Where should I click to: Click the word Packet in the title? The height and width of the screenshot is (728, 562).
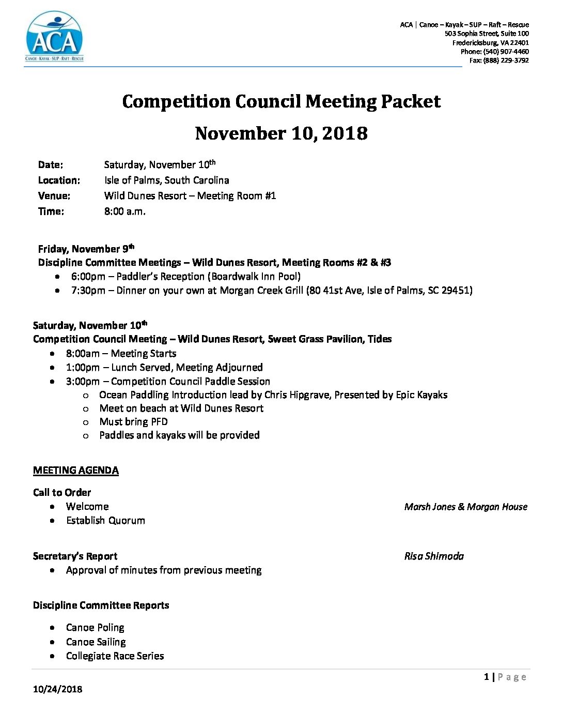tap(411, 101)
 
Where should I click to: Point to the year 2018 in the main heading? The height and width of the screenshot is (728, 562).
tap(345, 133)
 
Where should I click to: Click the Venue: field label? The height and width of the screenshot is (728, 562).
tap(54, 196)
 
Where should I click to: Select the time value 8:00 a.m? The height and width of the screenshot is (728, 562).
tap(124, 211)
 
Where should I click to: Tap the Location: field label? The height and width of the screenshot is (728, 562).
tap(59, 180)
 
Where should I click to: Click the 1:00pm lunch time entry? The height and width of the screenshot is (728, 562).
tap(83, 368)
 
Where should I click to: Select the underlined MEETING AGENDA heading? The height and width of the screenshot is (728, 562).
tap(76, 471)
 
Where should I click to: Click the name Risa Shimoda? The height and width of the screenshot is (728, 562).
tap(434, 556)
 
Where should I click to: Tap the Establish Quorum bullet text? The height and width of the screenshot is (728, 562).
tap(105, 521)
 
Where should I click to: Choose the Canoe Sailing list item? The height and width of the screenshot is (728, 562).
tap(96, 642)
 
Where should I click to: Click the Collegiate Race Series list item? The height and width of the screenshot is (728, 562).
tap(115, 656)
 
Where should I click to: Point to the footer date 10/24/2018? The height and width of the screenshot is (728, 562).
tap(57, 689)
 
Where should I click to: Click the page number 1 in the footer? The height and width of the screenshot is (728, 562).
tap(487, 677)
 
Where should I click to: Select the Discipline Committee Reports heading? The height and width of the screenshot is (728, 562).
tap(101, 605)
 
